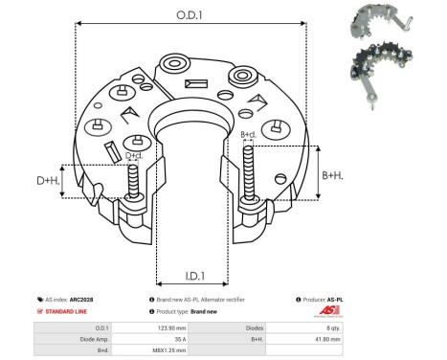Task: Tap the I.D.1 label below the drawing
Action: click(190, 278)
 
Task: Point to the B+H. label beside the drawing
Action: click(332, 175)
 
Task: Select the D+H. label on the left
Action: click(48, 180)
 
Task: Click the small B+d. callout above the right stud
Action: click(248, 135)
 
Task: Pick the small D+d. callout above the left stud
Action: click(133, 155)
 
